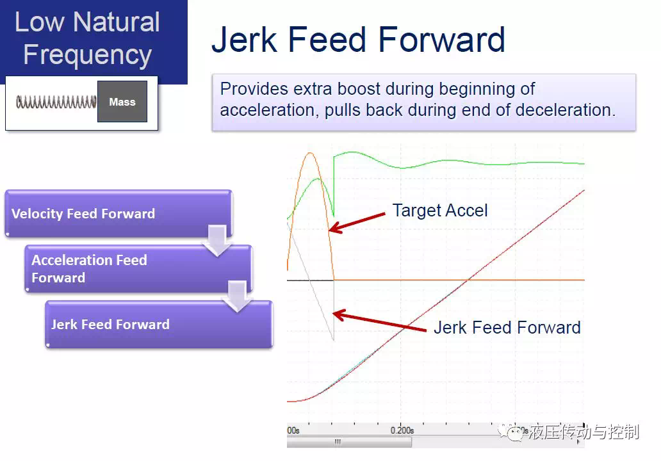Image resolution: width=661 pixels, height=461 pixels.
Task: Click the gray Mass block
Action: pos(122,102)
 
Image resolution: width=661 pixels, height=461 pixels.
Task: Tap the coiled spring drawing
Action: pos(56,102)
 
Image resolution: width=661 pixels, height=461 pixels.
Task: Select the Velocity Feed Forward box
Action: pos(118,213)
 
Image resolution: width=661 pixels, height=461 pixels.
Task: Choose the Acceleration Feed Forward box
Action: pos(138,269)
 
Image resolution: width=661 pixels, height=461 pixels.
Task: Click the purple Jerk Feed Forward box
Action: pos(159,325)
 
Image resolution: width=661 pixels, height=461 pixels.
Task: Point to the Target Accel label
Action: pos(439,210)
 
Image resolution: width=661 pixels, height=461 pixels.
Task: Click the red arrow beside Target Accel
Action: pos(357,222)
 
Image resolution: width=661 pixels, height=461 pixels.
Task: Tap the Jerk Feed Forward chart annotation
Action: pos(507,327)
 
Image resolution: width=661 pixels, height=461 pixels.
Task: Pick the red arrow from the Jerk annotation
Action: pos(379,321)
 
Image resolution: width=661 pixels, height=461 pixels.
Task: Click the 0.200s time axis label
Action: pos(402,430)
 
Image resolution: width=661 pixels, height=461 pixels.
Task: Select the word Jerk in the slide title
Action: pos(245,40)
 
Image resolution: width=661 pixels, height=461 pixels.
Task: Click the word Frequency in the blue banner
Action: pos(88,55)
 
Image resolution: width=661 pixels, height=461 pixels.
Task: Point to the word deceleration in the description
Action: pos(563,110)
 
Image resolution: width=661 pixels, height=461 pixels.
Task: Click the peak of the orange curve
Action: pos(310,153)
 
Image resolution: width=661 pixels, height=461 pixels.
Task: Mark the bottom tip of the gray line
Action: pos(334,339)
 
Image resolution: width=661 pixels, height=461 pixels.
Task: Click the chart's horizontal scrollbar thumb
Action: pos(349,442)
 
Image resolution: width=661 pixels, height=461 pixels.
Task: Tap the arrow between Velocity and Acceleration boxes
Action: pos(218,240)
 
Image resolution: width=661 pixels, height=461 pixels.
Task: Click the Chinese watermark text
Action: pos(584,432)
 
